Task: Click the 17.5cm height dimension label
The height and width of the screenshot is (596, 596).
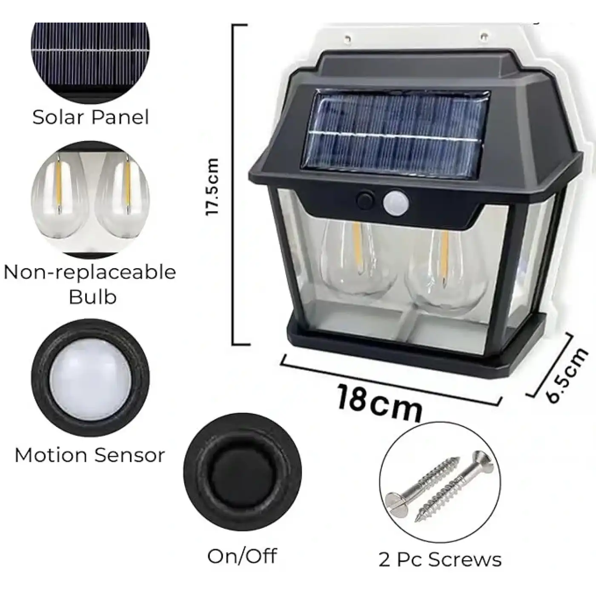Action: pyautogui.click(x=212, y=186)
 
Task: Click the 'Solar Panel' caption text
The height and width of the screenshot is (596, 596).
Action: pyautogui.click(x=91, y=117)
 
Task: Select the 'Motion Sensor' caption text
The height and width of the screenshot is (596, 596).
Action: pyautogui.click(x=90, y=455)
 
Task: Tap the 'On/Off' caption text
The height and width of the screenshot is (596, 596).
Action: pyautogui.click(x=242, y=556)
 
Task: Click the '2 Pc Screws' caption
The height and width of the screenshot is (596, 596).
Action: pyautogui.click(x=440, y=559)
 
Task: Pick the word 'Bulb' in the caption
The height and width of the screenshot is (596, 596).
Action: pyautogui.click(x=92, y=296)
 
